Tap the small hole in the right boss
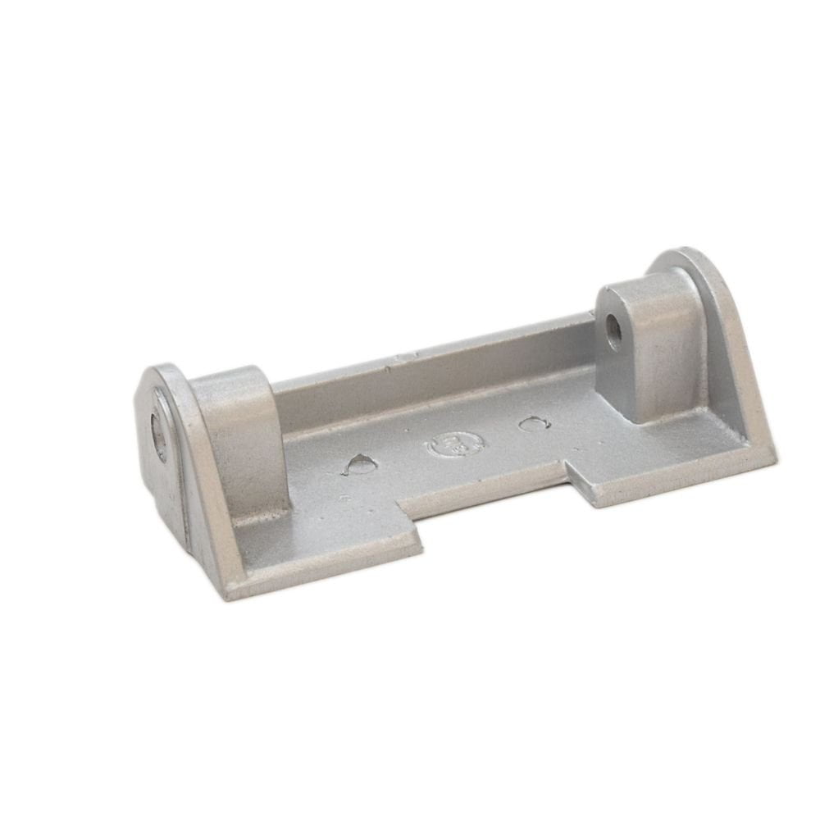point(613,330)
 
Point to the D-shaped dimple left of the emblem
point(361,465)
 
